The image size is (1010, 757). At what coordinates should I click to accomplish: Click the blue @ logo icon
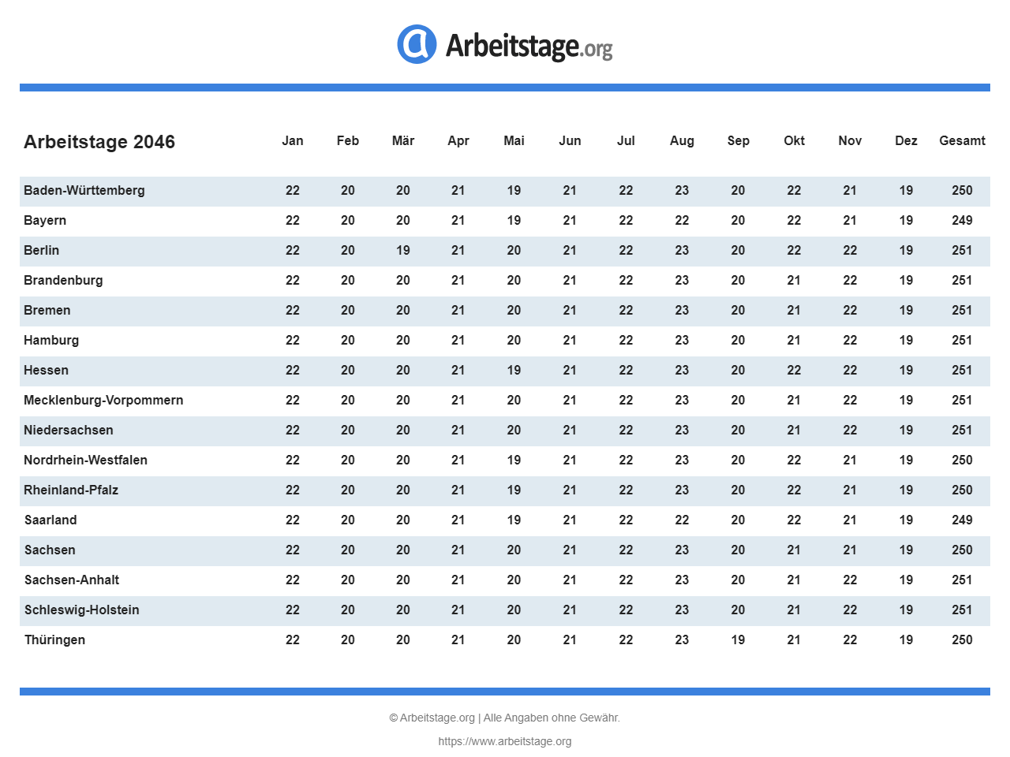click(x=417, y=44)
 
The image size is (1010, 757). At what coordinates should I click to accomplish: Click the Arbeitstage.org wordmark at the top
click(x=529, y=46)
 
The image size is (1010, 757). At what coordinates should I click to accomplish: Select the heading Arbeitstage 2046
click(x=99, y=142)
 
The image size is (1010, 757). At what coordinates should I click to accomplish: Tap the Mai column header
click(x=514, y=140)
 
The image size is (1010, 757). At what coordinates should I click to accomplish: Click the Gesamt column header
click(x=962, y=140)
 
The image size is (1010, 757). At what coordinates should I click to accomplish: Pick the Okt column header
click(x=794, y=140)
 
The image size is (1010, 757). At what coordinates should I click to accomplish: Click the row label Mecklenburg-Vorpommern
click(x=103, y=400)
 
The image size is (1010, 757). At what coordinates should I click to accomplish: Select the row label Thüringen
click(x=54, y=640)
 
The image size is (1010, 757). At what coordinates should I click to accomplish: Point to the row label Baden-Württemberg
click(x=84, y=190)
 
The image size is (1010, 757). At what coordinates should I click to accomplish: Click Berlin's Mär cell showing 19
click(x=403, y=250)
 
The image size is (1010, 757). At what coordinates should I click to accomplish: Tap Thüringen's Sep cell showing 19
click(x=738, y=640)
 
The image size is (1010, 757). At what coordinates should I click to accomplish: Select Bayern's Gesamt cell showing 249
click(x=962, y=220)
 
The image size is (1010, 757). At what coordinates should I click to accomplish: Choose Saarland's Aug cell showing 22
click(x=682, y=520)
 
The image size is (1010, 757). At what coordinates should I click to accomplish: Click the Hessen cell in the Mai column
click(x=514, y=370)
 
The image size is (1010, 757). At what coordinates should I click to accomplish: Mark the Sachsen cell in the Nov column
click(x=850, y=550)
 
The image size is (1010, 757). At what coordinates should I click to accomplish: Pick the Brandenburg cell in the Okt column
click(x=794, y=280)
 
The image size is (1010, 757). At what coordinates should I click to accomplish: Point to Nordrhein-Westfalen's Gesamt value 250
click(x=962, y=460)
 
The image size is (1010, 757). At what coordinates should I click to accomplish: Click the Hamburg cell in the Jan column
click(x=293, y=340)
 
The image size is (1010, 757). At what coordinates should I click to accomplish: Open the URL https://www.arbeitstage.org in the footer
click(x=505, y=741)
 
